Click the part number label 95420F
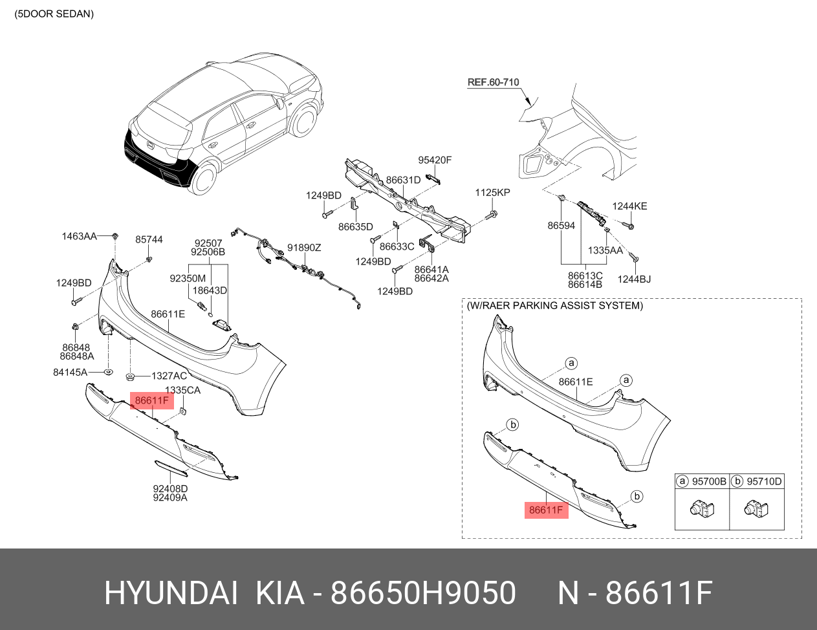coord(435,160)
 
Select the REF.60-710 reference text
coord(493,82)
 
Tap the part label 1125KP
coord(492,193)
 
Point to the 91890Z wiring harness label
coord(304,248)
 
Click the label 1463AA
coord(79,237)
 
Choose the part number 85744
coord(149,239)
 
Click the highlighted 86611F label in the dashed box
coord(546,510)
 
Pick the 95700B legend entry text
coord(709,481)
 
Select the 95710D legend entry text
coord(764,481)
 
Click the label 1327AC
coord(169,376)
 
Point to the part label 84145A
coord(70,373)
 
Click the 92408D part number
coord(170,489)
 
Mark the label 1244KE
coord(629,206)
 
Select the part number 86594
coord(561,226)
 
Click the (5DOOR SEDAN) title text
coord(54,14)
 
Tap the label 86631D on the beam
coord(403,180)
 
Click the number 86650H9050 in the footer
coord(423,593)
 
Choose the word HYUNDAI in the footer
coord(171,593)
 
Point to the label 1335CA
coord(182,391)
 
